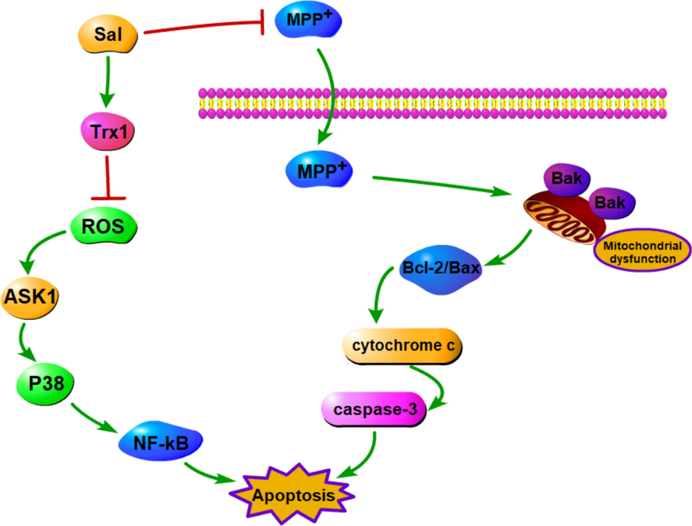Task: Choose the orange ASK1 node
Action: [x=31, y=298]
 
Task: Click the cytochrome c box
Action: [x=402, y=345]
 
